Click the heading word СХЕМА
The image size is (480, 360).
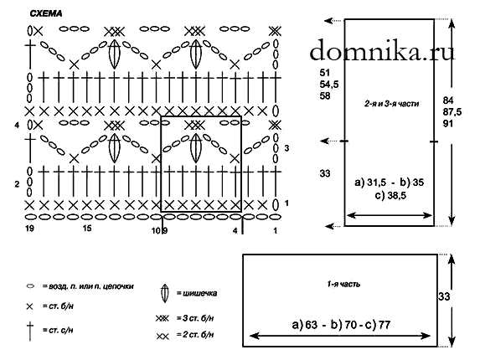coord(46,13)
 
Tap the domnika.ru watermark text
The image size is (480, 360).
coord(382,51)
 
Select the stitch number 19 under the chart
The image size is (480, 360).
coord(29,229)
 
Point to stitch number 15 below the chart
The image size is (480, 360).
coord(87,229)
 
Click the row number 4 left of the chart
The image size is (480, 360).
coord(17,125)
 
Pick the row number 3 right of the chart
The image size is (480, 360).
coord(286,148)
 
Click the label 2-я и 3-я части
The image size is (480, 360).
coord(391,104)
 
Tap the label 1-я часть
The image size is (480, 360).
coord(343,284)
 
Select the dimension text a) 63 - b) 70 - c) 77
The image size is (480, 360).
coord(341,325)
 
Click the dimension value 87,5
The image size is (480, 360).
coord(452,112)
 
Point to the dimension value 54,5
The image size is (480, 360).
coord(329,85)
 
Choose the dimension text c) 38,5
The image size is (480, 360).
coord(390,195)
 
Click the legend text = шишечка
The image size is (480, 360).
coord(197,293)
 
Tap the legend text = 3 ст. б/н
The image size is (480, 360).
coord(195,318)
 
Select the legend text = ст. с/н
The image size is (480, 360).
coord(58,331)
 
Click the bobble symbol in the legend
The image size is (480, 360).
coord(165,293)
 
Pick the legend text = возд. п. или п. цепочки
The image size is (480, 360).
coord(88,286)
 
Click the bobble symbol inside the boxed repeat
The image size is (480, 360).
coord(196,148)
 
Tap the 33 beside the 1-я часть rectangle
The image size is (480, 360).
coord(444,296)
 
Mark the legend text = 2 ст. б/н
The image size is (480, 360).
coord(195,335)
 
